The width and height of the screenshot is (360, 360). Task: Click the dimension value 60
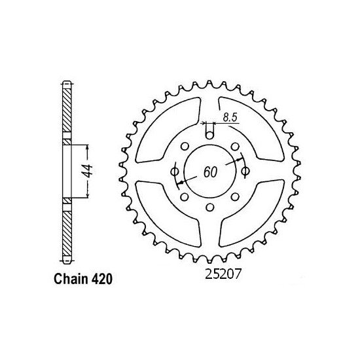[210, 173]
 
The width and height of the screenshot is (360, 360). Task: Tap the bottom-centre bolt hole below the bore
[209, 208]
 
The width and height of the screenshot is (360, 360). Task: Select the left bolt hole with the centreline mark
[175, 171]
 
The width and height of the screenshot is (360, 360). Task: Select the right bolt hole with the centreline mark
[245, 171]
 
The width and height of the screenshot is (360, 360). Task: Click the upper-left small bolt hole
[185, 145]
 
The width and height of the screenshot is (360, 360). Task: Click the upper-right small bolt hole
[235, 145]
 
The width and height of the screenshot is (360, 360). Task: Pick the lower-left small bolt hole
[185, 196]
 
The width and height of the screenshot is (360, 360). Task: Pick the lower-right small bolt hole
[235, 196]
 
